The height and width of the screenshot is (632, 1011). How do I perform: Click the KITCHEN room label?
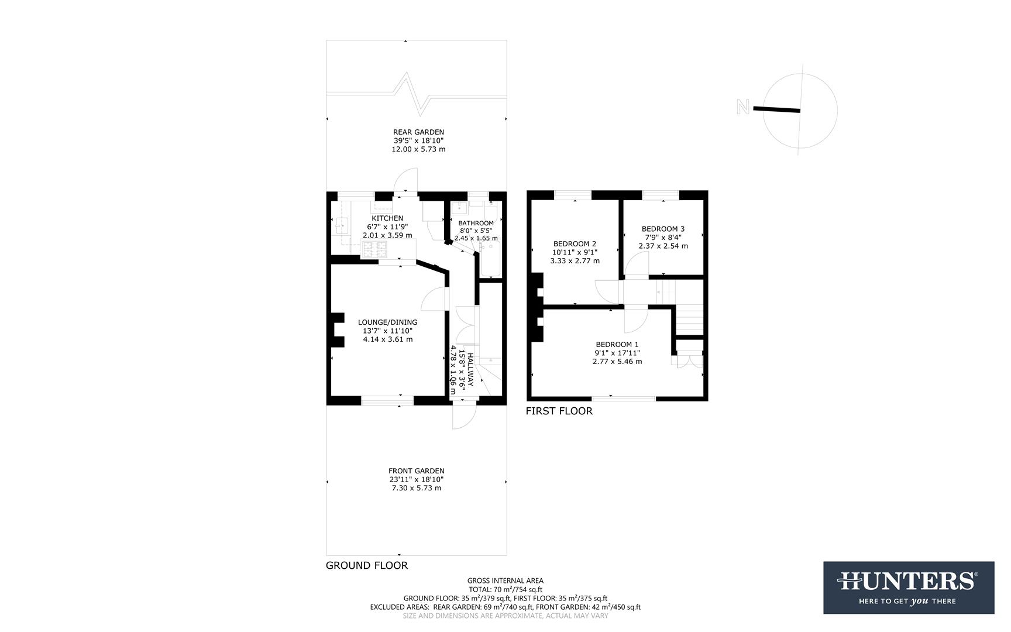point(387,218)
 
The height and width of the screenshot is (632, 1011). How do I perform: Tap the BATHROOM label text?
point(476,223)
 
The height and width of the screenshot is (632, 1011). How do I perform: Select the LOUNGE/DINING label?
point(387,322)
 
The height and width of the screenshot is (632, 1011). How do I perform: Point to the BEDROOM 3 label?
point(663,229)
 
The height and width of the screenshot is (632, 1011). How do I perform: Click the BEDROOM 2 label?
point(575,243)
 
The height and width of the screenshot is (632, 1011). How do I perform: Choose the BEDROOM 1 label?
point(617,344)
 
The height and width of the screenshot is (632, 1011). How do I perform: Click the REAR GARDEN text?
point(418,132)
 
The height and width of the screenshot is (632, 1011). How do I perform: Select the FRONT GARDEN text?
point(416,470)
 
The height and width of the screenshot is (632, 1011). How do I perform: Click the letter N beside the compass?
point(743,107)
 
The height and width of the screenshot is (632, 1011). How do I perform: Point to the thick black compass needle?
point(776,109)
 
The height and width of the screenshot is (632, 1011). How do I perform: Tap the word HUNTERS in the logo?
point(908,582)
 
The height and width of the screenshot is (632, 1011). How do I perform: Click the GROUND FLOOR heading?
point(366,565)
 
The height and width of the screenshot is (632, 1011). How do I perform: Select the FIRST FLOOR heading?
point(559,411)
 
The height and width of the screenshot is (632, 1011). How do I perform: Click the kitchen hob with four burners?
point(374,249)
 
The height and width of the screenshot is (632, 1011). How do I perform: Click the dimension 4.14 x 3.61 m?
point(387,339)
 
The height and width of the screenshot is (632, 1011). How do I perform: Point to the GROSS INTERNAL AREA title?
point(505,581)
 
